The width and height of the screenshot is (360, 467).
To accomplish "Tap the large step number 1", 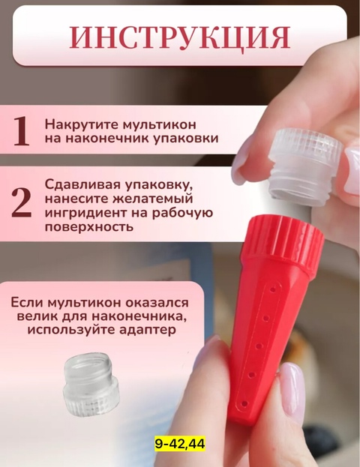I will [21, 131].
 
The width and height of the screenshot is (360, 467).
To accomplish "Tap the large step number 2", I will [22, 205].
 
